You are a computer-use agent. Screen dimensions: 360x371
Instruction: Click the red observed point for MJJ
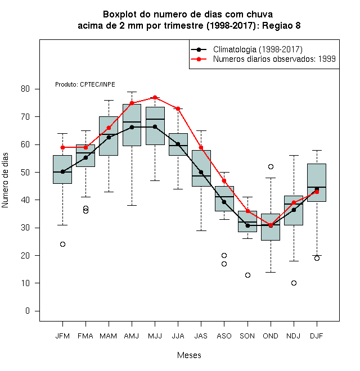click(x=155, y=97)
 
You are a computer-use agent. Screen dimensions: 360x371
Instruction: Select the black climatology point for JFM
click(x=63, y=172)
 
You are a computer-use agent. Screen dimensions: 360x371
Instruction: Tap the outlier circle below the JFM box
click(x=63, y=244)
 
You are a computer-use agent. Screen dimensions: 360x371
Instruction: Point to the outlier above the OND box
click(x=271, y=166)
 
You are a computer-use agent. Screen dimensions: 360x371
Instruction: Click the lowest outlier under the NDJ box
click(x=294, y=283)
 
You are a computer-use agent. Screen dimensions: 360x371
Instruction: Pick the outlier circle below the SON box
click(x=247, y=275)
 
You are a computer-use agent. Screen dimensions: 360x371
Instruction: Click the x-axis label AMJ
click(x=132, y=336)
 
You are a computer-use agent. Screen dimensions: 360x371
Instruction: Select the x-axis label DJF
click(x=317, y=336)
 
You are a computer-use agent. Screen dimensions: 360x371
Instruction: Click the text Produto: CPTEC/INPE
click(x=85, y=84)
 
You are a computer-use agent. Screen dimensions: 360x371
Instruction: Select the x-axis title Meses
click(x=189, y=355)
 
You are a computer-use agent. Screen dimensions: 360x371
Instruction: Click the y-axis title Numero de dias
click(x=5, y=180)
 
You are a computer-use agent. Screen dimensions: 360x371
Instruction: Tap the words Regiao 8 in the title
click(x=281, y=25)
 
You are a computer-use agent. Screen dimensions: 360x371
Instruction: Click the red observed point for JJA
click(x=178, y=109)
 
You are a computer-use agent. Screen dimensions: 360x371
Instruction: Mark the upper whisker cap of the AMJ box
click(x=132, y=92)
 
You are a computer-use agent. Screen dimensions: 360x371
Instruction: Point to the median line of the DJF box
click(x=317, y=187)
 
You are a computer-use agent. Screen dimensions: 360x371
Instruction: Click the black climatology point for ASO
click(x=224, y=202)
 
